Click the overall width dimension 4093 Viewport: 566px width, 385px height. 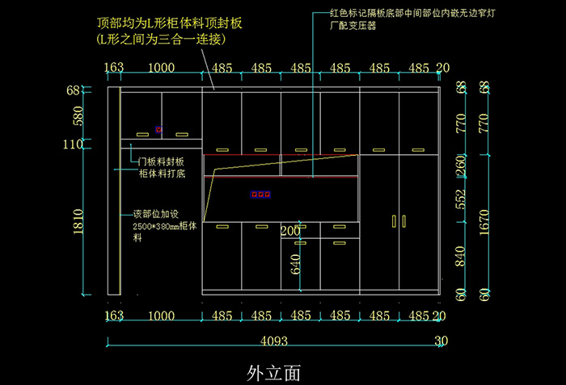coord(274,341)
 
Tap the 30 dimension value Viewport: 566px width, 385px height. coord(441,341)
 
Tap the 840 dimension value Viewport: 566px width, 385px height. coord(461,257)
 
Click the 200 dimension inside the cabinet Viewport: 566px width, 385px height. coord(290,231)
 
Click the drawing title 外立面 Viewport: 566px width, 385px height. coord(274,372)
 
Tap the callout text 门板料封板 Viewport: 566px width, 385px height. coord(161,161)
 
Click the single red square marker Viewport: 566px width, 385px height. coord(159,129)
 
